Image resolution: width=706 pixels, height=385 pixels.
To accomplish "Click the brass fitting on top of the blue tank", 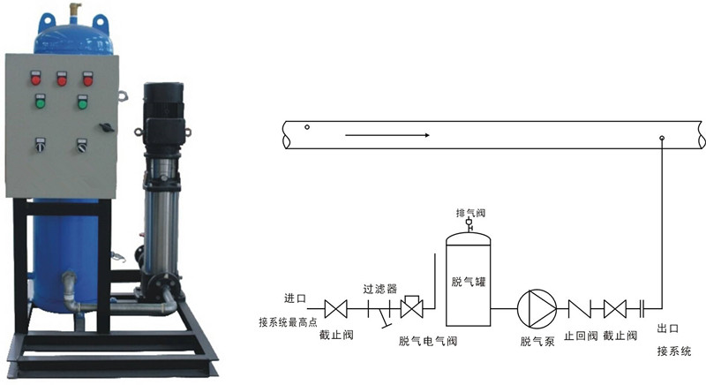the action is coord(75,12).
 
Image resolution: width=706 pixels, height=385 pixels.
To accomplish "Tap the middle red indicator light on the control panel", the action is coord(62,79).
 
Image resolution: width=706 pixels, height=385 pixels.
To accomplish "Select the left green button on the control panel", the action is coord(40,102).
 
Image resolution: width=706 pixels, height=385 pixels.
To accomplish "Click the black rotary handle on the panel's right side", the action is coord(107,127).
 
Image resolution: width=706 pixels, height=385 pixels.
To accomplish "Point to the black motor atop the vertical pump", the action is coord(163,115).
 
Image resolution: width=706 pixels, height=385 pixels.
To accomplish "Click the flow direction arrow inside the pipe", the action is coord(387,135).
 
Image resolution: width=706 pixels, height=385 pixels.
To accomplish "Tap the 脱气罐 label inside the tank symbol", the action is coord(469,282).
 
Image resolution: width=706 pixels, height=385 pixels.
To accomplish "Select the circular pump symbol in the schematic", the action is coord(537,308).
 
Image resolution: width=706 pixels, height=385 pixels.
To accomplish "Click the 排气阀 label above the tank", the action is coord(470,213).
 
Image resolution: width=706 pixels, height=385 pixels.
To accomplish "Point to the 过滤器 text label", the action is coord(380,289).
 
